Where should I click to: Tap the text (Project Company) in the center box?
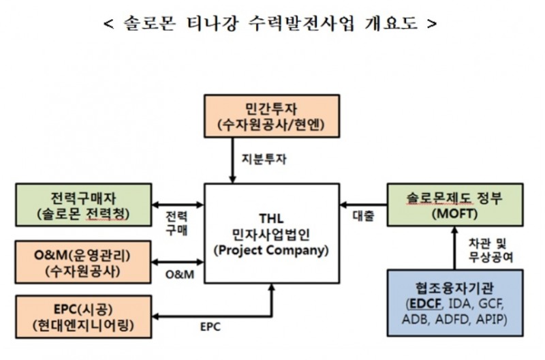click(272, 250)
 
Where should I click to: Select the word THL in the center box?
click(271, 217)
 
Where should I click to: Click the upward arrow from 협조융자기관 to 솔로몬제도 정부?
click(454, 248)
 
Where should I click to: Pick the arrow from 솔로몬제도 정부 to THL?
click(362, 205)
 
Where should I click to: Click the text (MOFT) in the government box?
click(454, 214)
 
